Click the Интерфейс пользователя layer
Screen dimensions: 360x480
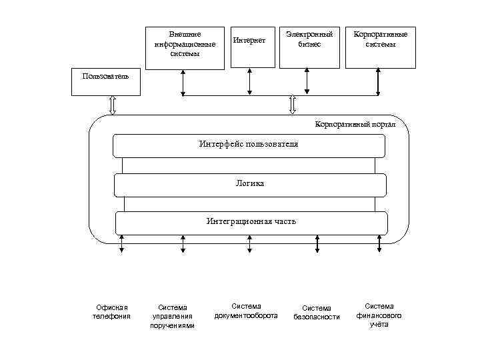[249, 145]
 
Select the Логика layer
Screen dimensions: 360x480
[249, 184]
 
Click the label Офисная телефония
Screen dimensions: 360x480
[111, 311]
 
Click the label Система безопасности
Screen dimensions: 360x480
[317, 312]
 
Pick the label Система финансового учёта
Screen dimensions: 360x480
[379, 315]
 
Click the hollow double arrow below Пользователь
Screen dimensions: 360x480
[112, 105]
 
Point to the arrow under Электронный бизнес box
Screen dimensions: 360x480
[308, 81]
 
